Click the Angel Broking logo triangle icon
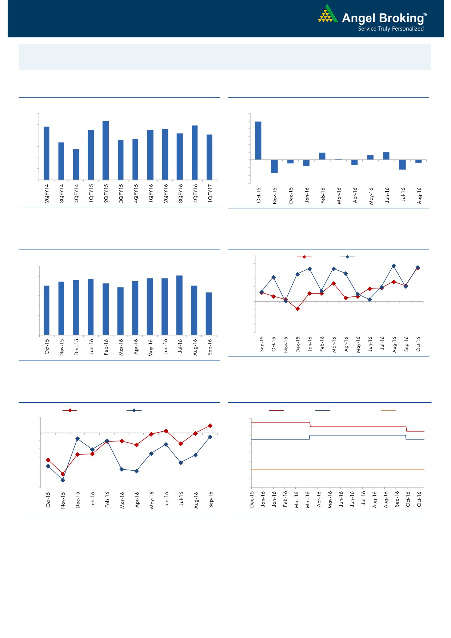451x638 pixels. [328, 15]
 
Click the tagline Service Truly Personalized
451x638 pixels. [391, 29]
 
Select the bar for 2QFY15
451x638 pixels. [105, 150]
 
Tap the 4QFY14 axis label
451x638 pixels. [76, 193]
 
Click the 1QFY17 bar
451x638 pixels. [209, 157]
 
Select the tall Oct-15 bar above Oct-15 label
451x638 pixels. [258, 140]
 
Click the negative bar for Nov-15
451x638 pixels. [274, 166]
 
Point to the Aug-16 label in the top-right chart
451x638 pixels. [419, 195]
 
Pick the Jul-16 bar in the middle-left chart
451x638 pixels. [179, 305]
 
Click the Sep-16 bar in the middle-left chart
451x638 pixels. [209, 314]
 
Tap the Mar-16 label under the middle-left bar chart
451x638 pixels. [121, 347]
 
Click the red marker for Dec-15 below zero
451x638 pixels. [298, 309]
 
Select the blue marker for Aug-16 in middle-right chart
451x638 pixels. [394, 266]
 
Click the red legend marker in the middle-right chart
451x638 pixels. [304, 257]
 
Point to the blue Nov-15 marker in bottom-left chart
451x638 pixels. [63, 480]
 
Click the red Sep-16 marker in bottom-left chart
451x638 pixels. [210, 426]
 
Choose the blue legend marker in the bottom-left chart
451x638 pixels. [134, 410]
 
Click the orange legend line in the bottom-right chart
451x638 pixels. [388, 410]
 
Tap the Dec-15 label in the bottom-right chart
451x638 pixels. [252, 499]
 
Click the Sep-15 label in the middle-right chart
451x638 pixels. [262, 344]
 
